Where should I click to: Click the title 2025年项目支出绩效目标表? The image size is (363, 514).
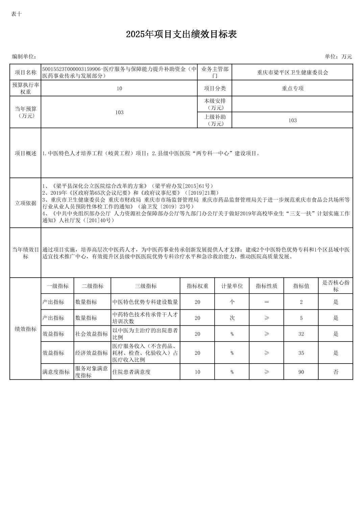tap(181, 34)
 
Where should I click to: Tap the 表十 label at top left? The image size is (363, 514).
tap(16, 14)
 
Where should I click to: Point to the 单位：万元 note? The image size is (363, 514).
tap(338, 56)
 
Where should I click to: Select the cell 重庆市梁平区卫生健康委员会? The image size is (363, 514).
tap(292, 72)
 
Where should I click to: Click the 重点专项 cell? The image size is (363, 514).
tap(292, 88)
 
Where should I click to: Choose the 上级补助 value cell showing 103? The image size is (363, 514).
tap(292, 120)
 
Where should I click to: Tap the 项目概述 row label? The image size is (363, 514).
tap(25, 153)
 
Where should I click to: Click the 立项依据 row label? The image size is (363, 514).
tap(25, 203)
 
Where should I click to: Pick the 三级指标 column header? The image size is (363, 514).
tap(146, 286)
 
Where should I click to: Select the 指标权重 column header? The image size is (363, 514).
tap(197, 286)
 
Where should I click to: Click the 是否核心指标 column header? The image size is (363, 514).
tap(335, 286)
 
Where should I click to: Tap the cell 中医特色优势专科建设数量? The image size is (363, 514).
tap(145, 302)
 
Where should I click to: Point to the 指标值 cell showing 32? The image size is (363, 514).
tap(301, 334)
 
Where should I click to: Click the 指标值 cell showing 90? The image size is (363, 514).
tap(301, 372)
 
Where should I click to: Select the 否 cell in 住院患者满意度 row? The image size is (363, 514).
tap(335, 372)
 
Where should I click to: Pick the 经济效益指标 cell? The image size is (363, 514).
tap(92, 353)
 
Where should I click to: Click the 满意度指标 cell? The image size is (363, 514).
tap(56, 372)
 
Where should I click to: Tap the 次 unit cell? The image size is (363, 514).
tap(232, 318)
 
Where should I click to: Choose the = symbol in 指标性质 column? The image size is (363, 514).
tap(266, 302)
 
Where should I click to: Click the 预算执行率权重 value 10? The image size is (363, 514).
tap(119, 89)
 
